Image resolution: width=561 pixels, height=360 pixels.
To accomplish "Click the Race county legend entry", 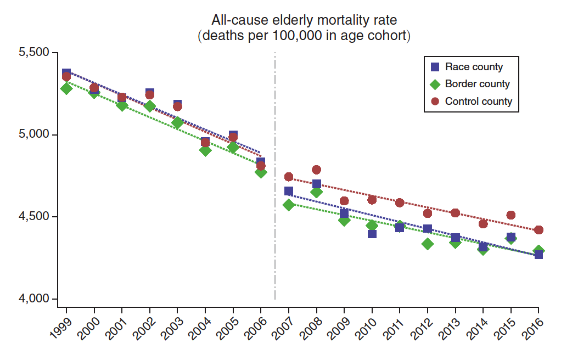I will tap(473, 67).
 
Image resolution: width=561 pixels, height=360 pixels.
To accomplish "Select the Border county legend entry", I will tap(476, 84).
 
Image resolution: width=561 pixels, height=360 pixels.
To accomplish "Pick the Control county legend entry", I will tap(478, 102).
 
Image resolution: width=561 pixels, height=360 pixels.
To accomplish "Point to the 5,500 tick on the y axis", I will tap(34, 53).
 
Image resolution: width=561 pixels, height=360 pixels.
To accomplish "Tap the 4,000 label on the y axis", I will tap(34, 299).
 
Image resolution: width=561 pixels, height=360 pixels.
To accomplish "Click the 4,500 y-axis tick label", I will tap(34, 217).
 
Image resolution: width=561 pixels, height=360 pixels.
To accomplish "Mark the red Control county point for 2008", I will tap(316, 170).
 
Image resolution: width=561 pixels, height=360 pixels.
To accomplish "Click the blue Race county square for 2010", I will tap(372, 233).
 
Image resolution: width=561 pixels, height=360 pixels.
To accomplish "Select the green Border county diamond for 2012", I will tap(428, 244).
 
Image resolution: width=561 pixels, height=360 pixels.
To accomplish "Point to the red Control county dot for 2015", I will tap(510, 215).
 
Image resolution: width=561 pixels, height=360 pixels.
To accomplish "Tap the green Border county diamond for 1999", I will tap(66, 88).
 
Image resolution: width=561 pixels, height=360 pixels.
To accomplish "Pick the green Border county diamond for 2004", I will tap(205, 150).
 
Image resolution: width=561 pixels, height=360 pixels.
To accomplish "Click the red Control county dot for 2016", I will tap(538, 230).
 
